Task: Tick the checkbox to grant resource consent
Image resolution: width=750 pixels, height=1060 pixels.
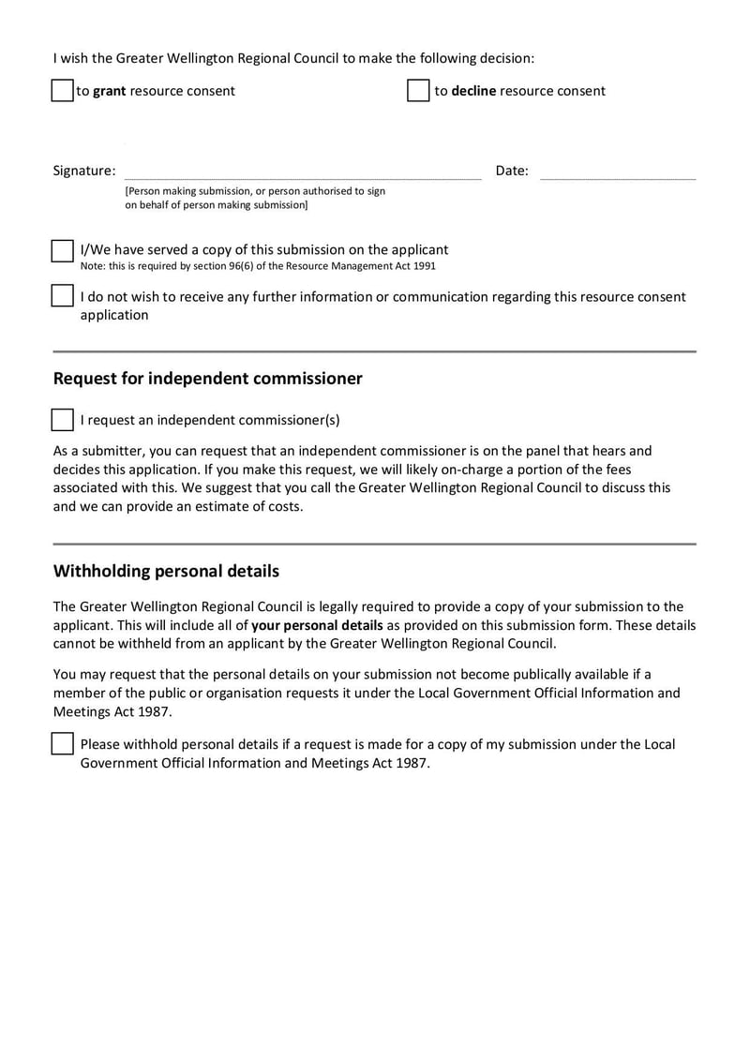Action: (62, 91)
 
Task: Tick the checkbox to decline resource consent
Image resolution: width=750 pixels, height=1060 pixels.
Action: (418, 91)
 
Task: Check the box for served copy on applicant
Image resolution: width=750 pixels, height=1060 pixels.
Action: (62, 251)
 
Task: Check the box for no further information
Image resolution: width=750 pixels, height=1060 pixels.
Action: (62, 296)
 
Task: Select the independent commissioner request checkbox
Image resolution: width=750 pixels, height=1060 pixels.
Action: (62, 420)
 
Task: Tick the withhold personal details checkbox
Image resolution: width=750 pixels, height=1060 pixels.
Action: (62, 744)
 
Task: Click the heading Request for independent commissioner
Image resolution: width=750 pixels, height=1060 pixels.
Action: (207, 379)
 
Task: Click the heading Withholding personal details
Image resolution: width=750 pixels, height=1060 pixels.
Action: (166, 571)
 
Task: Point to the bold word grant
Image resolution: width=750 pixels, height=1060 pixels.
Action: (109, 91)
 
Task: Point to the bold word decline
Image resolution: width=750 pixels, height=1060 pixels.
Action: (473, 91)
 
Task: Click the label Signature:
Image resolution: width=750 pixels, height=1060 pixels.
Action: (84, 171)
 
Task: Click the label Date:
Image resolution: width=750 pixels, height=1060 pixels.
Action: (512, 171)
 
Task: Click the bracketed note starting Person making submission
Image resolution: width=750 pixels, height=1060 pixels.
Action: (255, 197)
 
